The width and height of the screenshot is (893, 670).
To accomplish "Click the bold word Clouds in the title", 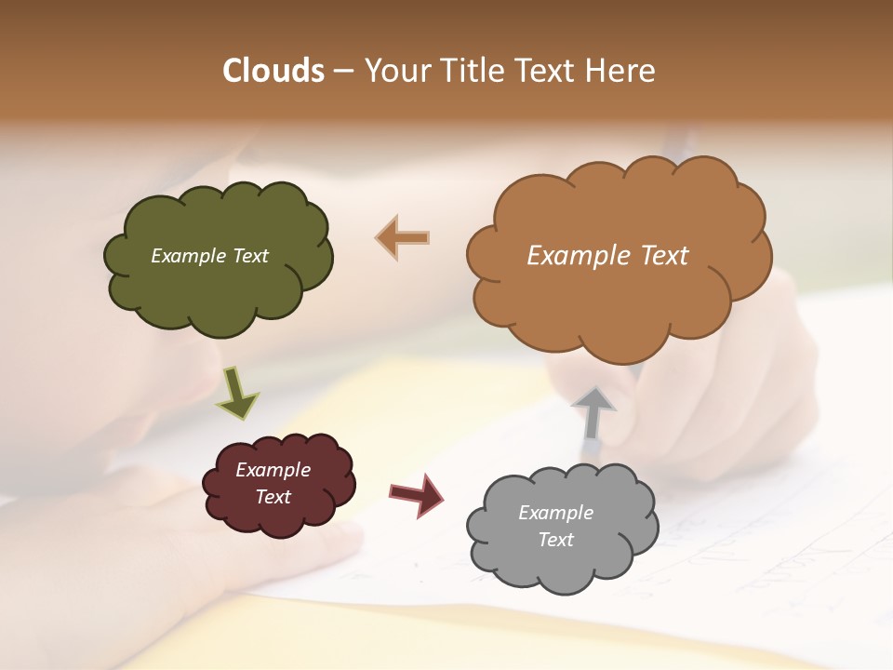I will [x=273, y=71].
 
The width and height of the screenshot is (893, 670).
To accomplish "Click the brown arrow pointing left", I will [x=402, y=237].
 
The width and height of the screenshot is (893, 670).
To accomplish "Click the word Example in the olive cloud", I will [x=188, y=256].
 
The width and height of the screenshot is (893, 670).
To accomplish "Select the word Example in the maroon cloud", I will [x=273, y=470].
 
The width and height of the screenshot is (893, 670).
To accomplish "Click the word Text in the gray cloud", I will [x=556, y=540].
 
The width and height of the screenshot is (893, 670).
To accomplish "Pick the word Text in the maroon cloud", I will [x=273, y=497].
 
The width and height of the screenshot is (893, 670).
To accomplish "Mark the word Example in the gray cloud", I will [x=556, y=513].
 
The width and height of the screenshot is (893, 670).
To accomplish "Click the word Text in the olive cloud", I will [x=248, y=256].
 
